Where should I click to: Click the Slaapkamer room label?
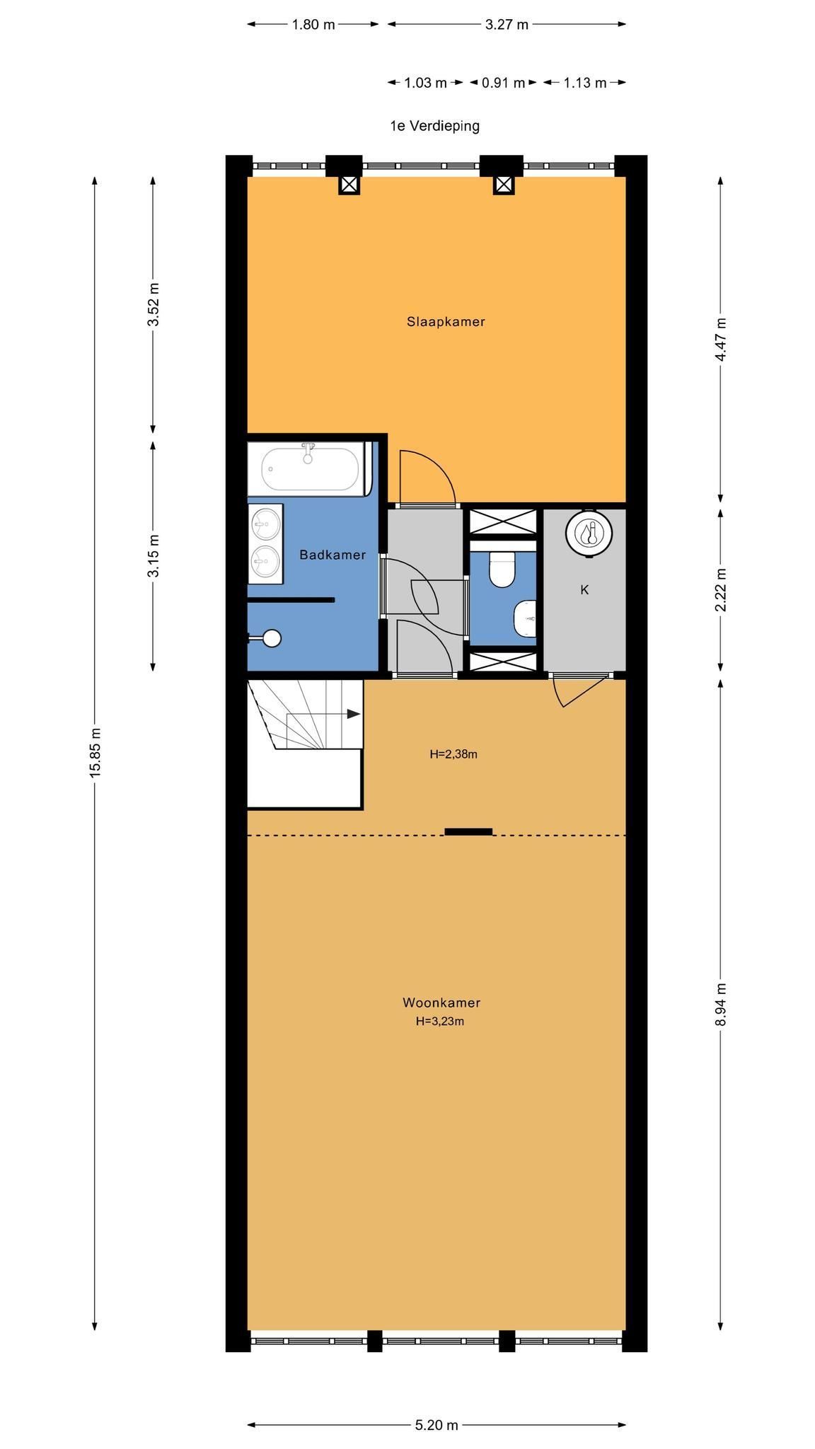tap(446, 322)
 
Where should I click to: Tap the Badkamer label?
tap(333, 555)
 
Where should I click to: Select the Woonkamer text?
tap(441, 1003)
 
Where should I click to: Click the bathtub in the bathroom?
tap(310, 468)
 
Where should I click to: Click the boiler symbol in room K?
tap(589, 533)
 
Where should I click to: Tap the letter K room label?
tap(584, 589)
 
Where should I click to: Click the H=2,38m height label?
tap(453, 754)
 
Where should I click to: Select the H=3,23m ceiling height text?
tap(440, 1021)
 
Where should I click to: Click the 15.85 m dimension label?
tap(96, 753)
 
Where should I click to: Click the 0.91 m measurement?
tap(503, 83)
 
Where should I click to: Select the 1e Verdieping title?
tap(434, 126)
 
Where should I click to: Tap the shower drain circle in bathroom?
tap(272, 638)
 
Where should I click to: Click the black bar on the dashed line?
tap(468, 832)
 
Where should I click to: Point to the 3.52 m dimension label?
tap(153, 304)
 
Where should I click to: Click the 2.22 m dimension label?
tap(720, 590)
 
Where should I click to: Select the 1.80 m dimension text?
tap(313, 25)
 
